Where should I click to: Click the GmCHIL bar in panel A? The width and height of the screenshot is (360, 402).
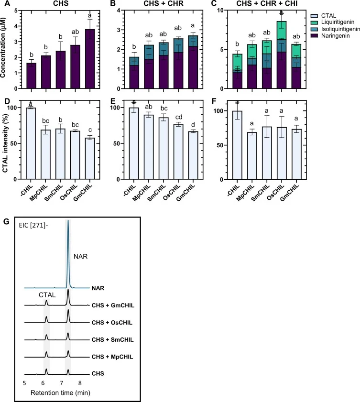[90, 59]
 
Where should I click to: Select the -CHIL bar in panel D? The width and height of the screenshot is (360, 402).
[31, 143]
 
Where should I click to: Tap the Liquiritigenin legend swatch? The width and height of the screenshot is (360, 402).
[314, 22]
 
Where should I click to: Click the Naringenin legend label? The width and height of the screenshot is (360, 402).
[336, 36]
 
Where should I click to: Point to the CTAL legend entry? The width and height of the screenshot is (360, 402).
[323, 16]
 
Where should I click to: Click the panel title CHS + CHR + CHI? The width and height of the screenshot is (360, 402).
[267, 4]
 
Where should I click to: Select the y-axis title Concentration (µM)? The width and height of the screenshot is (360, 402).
[3, 48]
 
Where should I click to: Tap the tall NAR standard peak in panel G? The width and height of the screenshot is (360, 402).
[68, 254]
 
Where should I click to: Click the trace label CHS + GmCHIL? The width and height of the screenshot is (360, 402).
[113, 305]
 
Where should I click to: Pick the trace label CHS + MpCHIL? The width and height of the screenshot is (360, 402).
[112, 357]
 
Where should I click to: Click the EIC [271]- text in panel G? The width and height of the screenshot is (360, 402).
[33, 226]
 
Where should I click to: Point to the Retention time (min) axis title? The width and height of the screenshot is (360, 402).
[60, 392]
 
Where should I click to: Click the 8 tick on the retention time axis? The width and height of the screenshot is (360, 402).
[80, 383]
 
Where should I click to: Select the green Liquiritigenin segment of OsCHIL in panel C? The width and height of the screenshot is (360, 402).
[282, 30]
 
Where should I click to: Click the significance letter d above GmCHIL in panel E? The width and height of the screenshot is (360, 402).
[193, 125]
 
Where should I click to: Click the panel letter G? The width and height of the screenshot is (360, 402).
[6, 221]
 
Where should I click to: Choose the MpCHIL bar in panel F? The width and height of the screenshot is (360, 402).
[252, 156]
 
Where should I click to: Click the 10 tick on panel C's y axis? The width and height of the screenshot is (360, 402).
[220, 10]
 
